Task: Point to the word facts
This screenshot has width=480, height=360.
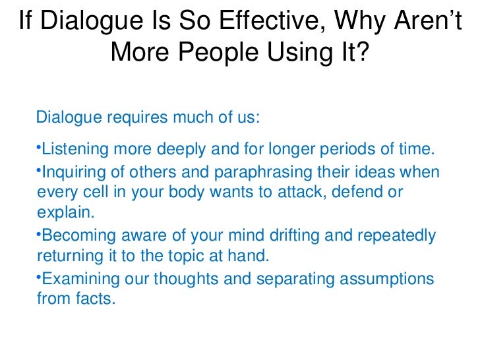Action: coord(95,299)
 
